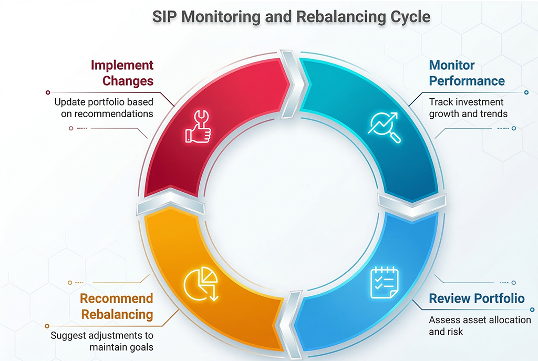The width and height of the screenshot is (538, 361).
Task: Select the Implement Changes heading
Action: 122,73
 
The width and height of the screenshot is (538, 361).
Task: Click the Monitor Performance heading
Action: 467,73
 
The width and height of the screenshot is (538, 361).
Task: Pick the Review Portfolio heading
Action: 477,298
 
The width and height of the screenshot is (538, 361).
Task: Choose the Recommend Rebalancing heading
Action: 117,306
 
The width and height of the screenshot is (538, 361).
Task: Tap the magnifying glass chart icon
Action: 384,127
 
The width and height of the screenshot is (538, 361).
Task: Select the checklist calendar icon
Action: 385,282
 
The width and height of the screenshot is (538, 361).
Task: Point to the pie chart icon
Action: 201,284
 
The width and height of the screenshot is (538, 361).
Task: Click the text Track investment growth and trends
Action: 468,108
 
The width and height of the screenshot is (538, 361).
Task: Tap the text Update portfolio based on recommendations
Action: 104,108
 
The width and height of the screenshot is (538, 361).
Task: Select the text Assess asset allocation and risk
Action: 480,326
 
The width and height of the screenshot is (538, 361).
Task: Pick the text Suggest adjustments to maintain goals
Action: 102,341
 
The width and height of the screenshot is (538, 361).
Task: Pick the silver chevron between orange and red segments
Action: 171,202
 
